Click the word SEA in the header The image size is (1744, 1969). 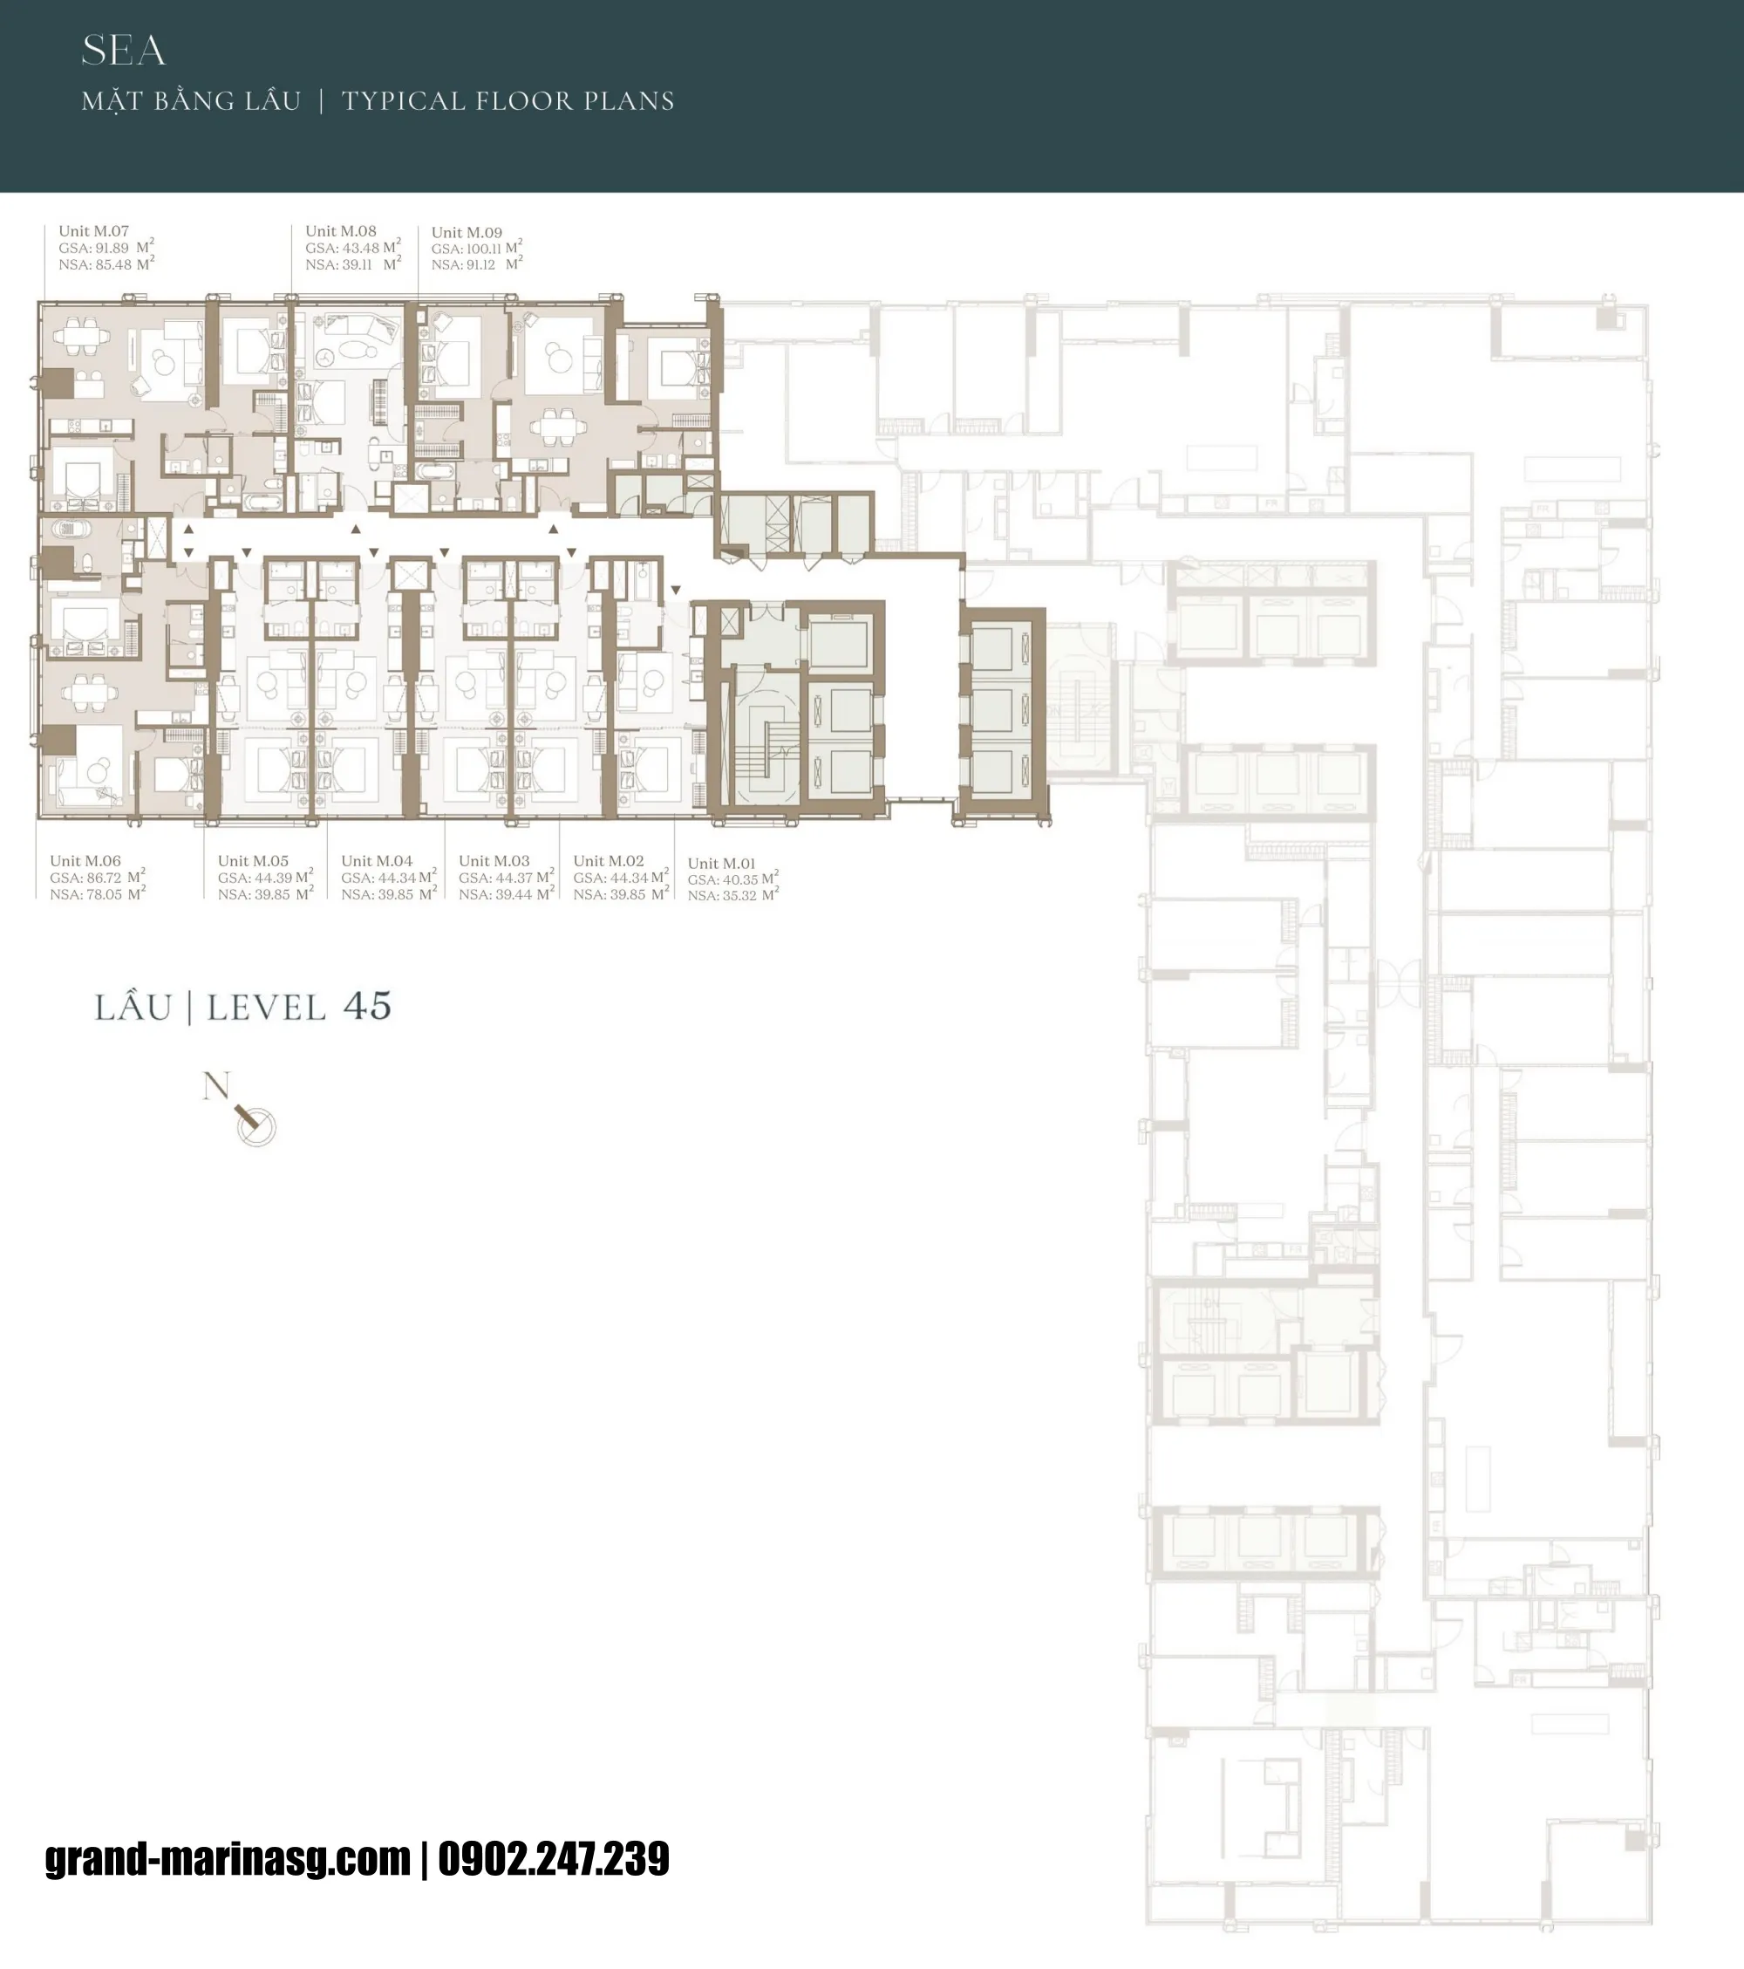click(123, 51)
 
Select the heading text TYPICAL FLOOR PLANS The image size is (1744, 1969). click(508, 101)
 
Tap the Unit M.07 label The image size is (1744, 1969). click(93, 231)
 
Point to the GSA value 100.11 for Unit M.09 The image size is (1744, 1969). click(483, 249)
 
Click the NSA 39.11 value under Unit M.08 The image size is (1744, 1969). click(354, 264)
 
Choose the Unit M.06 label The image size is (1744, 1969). click(85, 860)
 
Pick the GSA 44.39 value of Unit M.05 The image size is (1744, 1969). click(274, 878)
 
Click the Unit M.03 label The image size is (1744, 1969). click(494, 860)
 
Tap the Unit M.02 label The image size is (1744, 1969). click(609, 860)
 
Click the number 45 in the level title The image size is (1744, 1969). click(367, 1007)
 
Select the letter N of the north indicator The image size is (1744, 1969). click(215, 1085)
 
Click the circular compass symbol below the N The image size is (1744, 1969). click(257, 1126)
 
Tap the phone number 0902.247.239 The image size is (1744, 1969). click(554, 1858)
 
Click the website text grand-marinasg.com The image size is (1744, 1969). click(228, 1858)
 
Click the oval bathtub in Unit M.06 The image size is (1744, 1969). click(72, 528)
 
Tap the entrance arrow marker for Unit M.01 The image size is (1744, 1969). click(676, 590)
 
